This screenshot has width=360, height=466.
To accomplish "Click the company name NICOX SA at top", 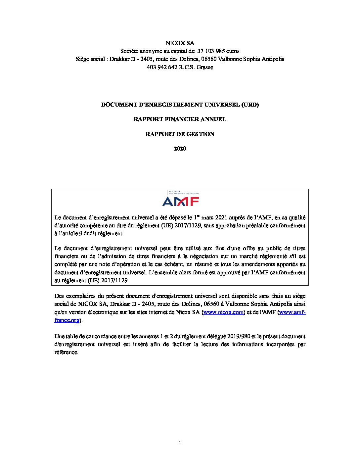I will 180,43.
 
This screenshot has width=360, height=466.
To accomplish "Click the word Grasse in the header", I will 205,67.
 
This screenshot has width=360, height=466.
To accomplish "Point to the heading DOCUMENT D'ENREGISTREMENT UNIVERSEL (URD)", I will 180,105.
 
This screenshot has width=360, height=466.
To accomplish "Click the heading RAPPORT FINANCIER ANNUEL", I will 180,119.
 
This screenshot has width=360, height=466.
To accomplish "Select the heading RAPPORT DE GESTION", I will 180,134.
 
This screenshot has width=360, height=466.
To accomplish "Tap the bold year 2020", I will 180,149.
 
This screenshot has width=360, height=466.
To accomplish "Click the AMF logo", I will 180,199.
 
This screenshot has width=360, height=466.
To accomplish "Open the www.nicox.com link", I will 223,312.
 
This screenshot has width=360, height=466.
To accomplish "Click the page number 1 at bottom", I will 180,443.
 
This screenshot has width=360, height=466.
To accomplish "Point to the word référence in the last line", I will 66,352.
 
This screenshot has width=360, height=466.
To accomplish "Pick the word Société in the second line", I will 129,51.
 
